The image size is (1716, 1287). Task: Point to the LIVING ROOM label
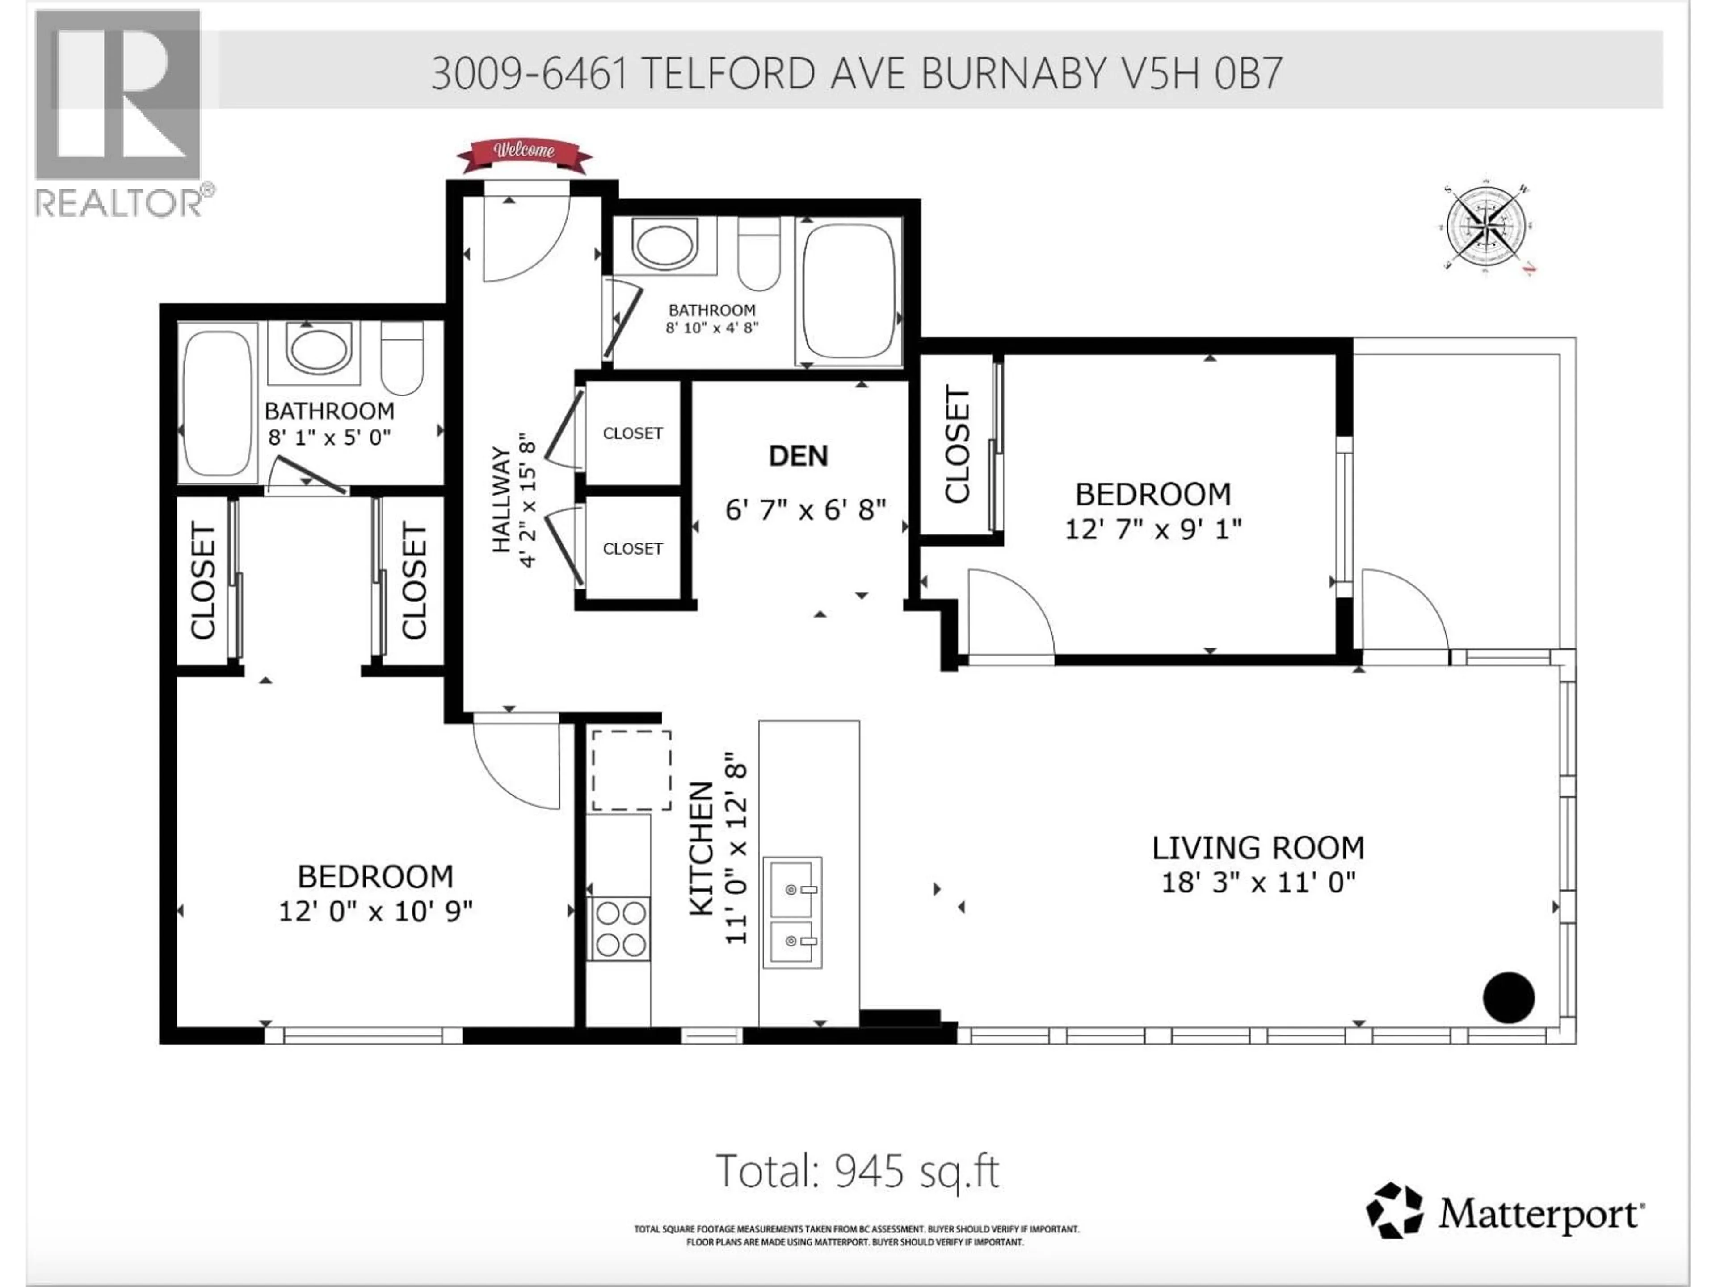point(1258,848)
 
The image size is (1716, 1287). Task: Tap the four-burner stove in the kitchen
point(618,929)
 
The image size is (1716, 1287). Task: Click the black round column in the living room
point(1508,997)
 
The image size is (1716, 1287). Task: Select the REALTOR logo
point(120,113)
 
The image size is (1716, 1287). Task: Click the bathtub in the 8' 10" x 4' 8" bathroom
point(849,291)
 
